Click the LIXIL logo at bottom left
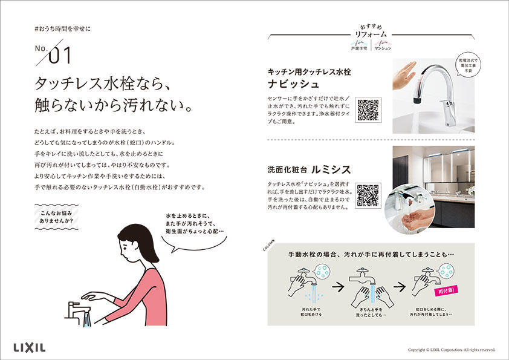pos(29,347)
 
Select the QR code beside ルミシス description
pos(368,195)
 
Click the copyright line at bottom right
pos(451,349)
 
